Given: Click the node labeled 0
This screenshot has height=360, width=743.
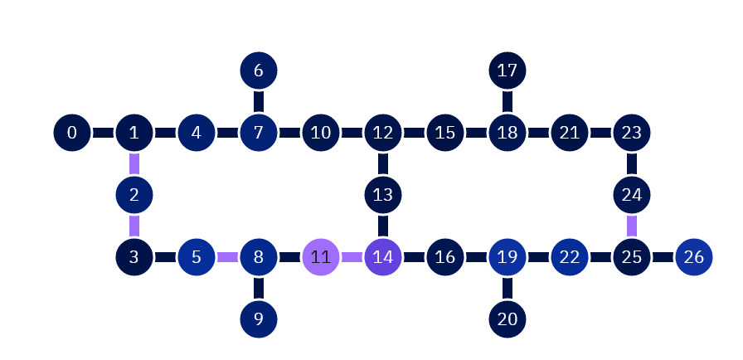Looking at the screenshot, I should [x=72, y=133].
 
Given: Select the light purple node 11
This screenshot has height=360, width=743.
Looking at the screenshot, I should [x=321, y=257].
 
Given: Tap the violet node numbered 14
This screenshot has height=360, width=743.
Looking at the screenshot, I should [x=383, y=257].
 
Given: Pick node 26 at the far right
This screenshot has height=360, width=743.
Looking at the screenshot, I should [x=694, y=257].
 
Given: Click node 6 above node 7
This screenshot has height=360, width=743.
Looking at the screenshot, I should [x=259, y=71].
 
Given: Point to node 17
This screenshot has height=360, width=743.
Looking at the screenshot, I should [x=507, y=71].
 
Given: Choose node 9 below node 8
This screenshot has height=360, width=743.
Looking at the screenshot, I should [x=259, y=319].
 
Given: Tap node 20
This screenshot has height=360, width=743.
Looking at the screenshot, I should [x=507, y=319].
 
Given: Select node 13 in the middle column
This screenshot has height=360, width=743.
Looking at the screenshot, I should [x=383, y=195].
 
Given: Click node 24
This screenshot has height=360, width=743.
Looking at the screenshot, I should [x=632, y=195].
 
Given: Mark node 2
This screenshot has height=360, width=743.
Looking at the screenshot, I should [x=134, y=195].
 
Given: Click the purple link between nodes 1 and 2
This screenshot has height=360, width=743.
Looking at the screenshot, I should [x=134, y=163].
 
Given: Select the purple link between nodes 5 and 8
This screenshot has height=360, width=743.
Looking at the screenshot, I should [x=227, y=257].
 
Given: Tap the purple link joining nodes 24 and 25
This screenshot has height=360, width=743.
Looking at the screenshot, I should [x=632, y=226].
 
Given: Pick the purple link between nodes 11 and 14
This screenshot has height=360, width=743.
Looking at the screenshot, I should [x=352, y=257].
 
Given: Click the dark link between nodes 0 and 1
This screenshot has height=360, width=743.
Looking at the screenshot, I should [x=103, y=133].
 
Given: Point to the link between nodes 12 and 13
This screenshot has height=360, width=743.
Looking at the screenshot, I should [x=383, y=163].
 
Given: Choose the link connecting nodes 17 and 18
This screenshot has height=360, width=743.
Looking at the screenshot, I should [x=507, y=101].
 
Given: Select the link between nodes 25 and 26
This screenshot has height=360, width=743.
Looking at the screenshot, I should [x=663, y=257].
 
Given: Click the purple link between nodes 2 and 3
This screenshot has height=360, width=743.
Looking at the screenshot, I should [x=134, y=226].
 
